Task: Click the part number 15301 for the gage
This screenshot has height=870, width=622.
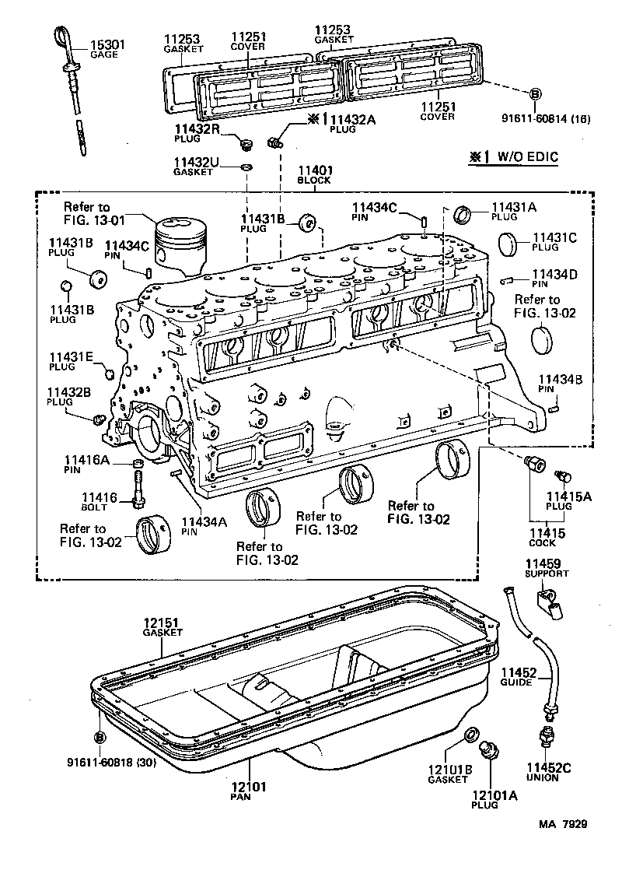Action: click(x=107, y=45)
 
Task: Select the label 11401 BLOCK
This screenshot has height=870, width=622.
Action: click(x=314, y=174)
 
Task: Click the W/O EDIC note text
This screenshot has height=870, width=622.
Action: click(x=519, y=156)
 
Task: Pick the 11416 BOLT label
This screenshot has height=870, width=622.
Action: click(x=99, y=501)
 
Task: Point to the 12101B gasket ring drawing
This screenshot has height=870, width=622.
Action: click(x=470, y=735)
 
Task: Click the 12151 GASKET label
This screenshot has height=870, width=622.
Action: click(x=162, y=627)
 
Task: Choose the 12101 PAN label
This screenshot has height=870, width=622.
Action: click(x=248, y=791)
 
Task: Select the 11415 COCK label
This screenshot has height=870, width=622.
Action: click(x=547, y=538)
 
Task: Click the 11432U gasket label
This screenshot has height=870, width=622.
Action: click(x=194, y=167)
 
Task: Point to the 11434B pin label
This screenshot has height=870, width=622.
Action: click(x=556, y=383)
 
